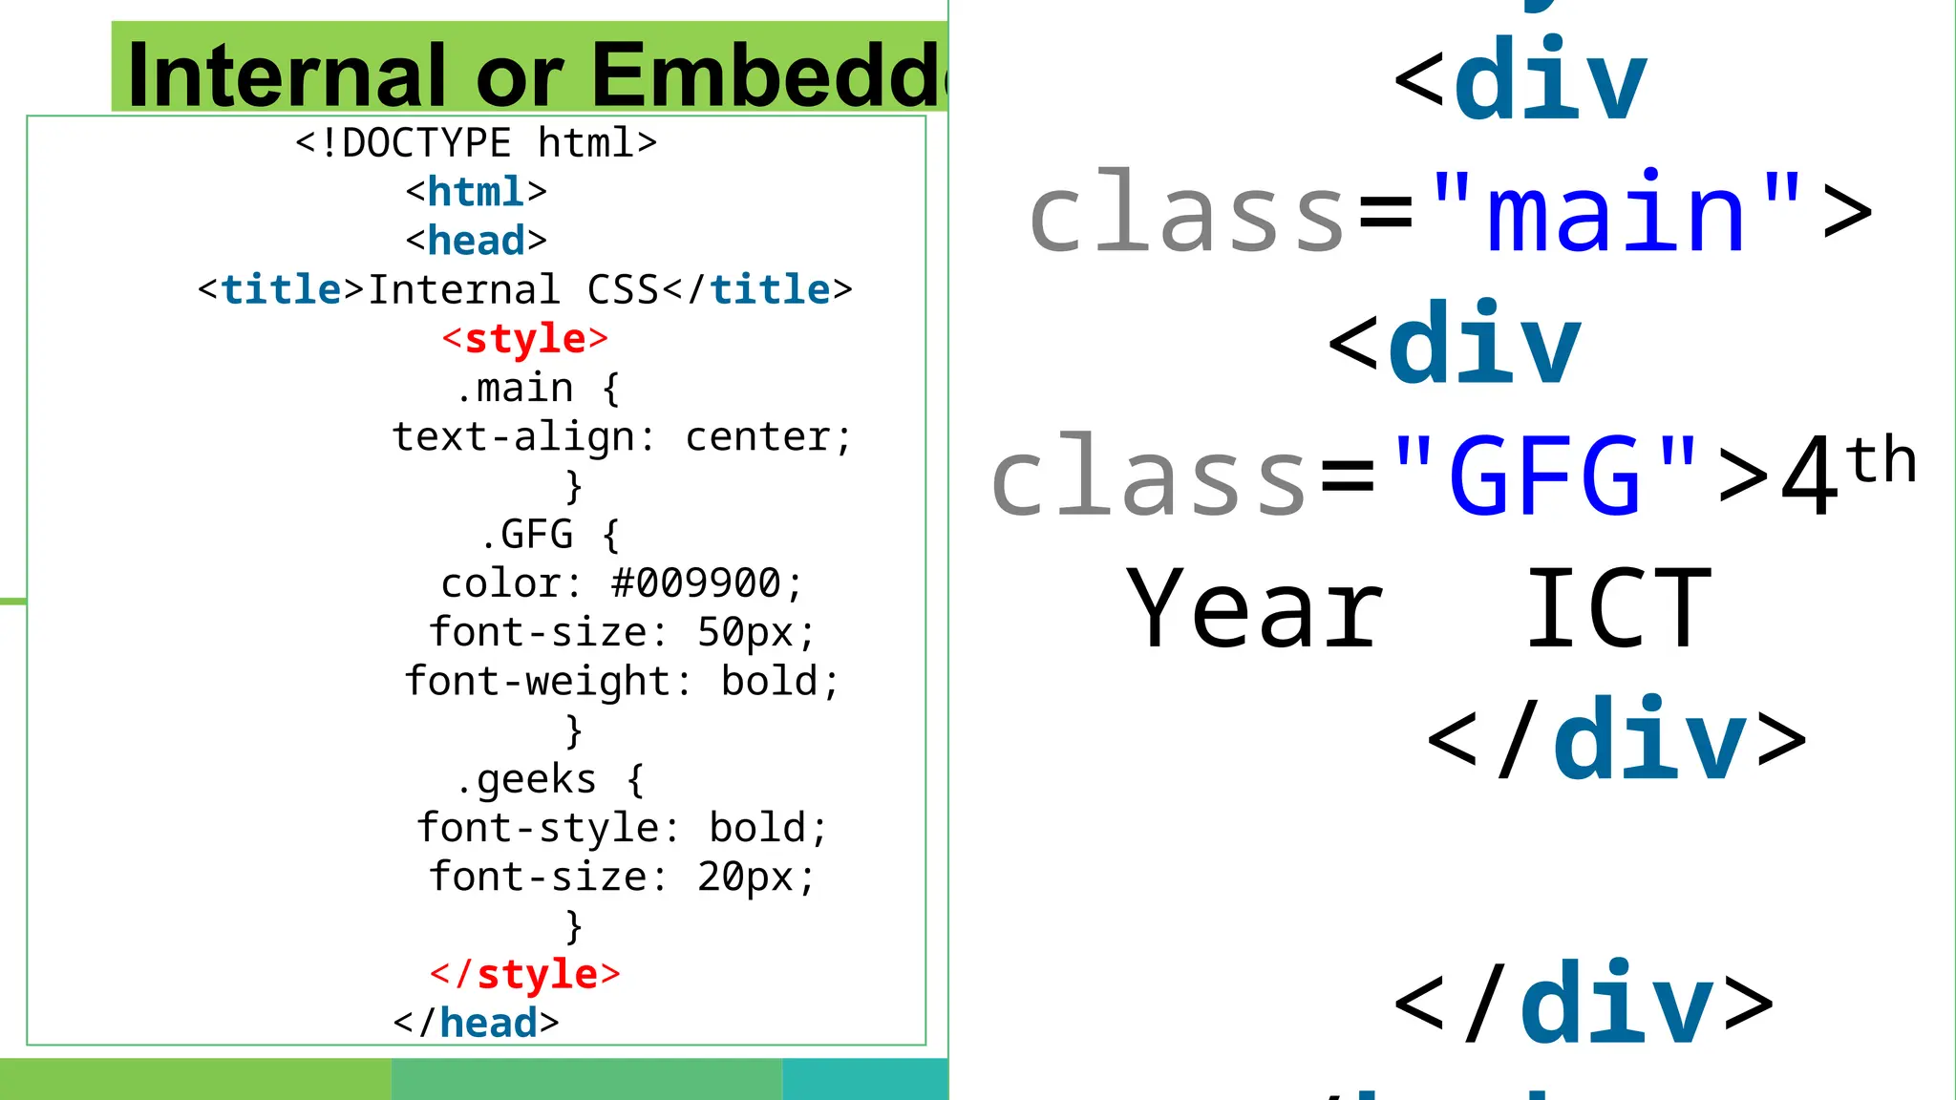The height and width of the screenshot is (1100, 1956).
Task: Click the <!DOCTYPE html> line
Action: click(476, 143)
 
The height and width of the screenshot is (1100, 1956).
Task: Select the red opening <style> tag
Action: click(524, 338)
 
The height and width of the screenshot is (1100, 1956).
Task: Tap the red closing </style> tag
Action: click(524, 974)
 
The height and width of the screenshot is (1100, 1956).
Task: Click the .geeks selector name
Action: click(526, 779)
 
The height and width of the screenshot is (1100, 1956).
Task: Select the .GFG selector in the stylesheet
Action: click(526, 535)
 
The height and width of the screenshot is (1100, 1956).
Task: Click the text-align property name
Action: click(513, 437)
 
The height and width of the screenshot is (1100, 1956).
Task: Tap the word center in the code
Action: click(757, 437)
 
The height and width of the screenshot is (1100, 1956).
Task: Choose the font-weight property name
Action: click(537, 682)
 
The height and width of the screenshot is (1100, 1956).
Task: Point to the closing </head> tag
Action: click(476, 1023)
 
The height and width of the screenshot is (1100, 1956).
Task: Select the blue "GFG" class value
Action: click(1544, 476)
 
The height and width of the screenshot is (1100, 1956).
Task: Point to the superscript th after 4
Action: click(1881, 460)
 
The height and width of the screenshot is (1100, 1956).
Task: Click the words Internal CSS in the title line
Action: click(513, 289)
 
